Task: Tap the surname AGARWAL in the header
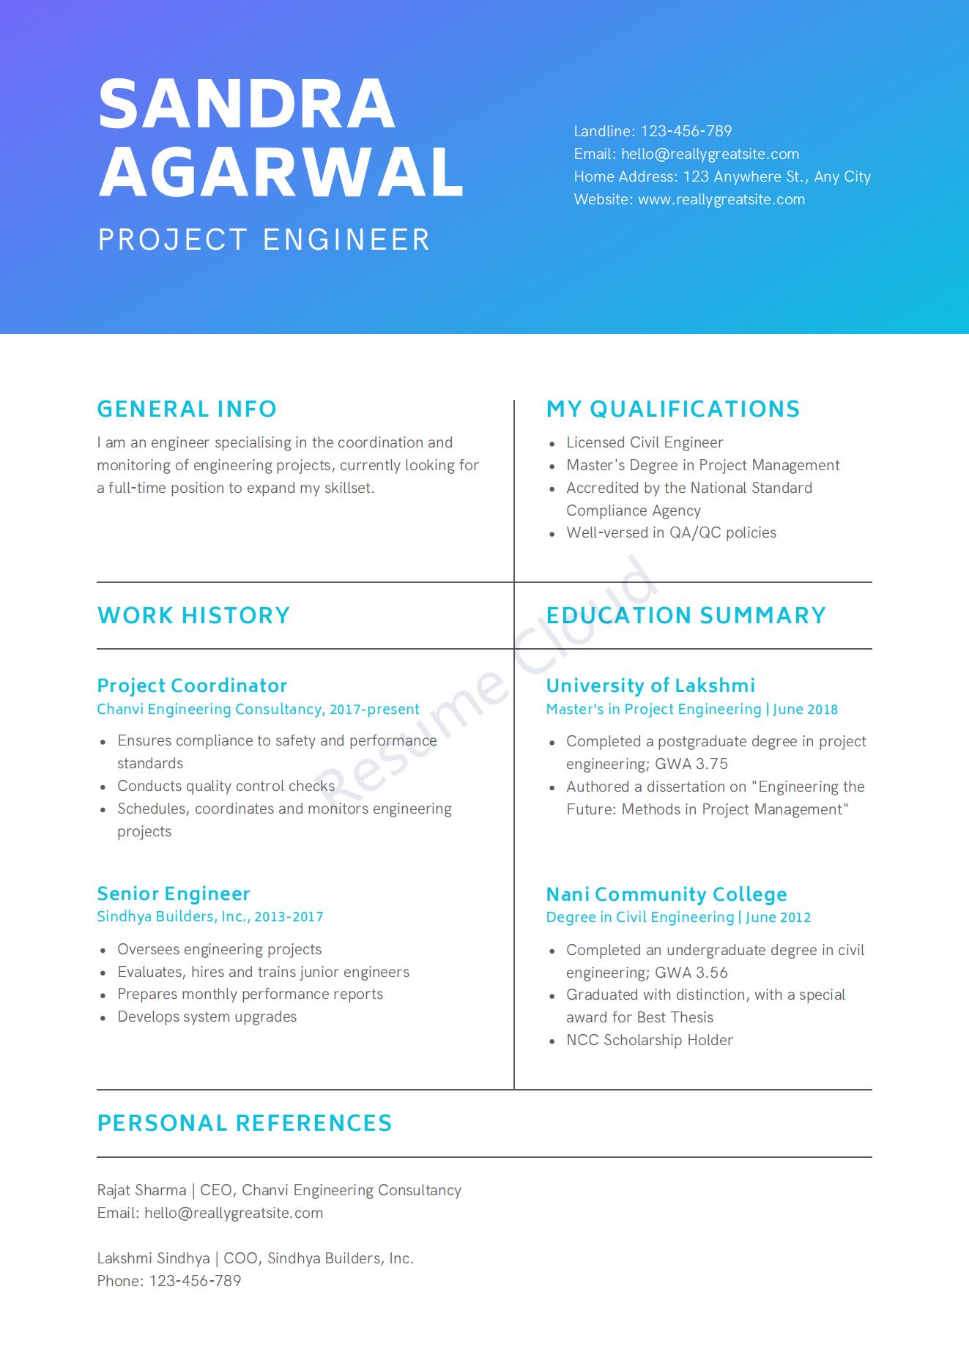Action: coord(281,171)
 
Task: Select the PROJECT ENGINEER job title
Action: coord(264,240)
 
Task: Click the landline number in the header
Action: coord(686,131)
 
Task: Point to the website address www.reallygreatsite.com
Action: coord(721,199)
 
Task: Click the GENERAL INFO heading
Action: coord(187,409)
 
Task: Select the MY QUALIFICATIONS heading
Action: coord(673,409)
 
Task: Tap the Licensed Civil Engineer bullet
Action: coord(645,442)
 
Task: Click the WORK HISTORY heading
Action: coord(193,615)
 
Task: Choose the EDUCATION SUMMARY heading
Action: coord(686,615)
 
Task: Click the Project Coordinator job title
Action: coord(192,685)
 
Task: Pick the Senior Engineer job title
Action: coord(174,893)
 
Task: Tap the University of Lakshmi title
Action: coord(650,685)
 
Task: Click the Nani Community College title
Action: coord(667,894)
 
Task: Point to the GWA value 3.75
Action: coord(711,764)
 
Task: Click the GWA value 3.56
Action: coord(711,973)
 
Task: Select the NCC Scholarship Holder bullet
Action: coord(649,1040)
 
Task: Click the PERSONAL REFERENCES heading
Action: coord(245,1123)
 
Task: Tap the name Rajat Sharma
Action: coord(141,1190)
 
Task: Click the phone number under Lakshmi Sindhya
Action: coord(195,1281)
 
